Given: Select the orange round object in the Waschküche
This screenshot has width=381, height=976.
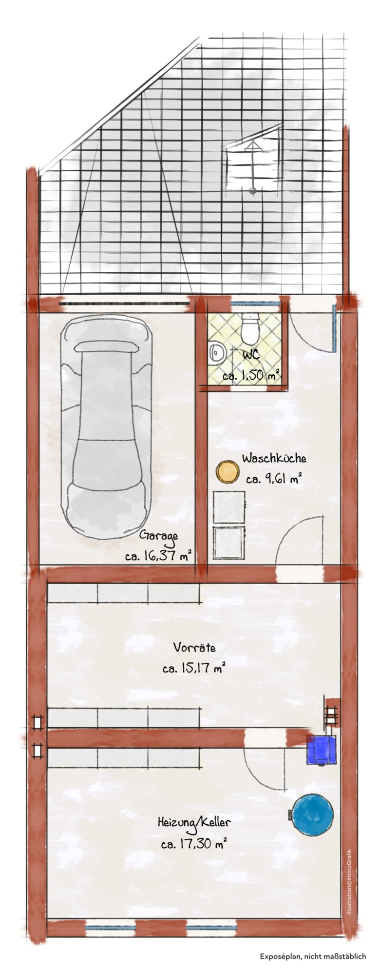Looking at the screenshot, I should pyautogui.click(x=228, y=472).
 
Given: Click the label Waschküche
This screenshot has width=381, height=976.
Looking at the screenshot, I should pyautogui.click(x=274, y=459).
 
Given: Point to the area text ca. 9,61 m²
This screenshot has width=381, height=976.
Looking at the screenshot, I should pyautogui.click(x=274, y=480).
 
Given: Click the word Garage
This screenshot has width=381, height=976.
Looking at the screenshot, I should pyautogui.click(x=159, y=535).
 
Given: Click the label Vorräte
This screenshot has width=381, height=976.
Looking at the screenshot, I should pyautogui.click(x=194, y=648).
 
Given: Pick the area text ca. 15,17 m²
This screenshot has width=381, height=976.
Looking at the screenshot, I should pyautogui.click(x=194, y=668).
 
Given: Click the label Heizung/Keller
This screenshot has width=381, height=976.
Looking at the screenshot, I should pyautogui.click(x=194, y=822).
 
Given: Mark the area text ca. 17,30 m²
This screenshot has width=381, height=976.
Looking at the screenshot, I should pyautogui.click(x=194, y=843).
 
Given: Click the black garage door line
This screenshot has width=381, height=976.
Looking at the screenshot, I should pyautogui.click(x=124, y=303).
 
